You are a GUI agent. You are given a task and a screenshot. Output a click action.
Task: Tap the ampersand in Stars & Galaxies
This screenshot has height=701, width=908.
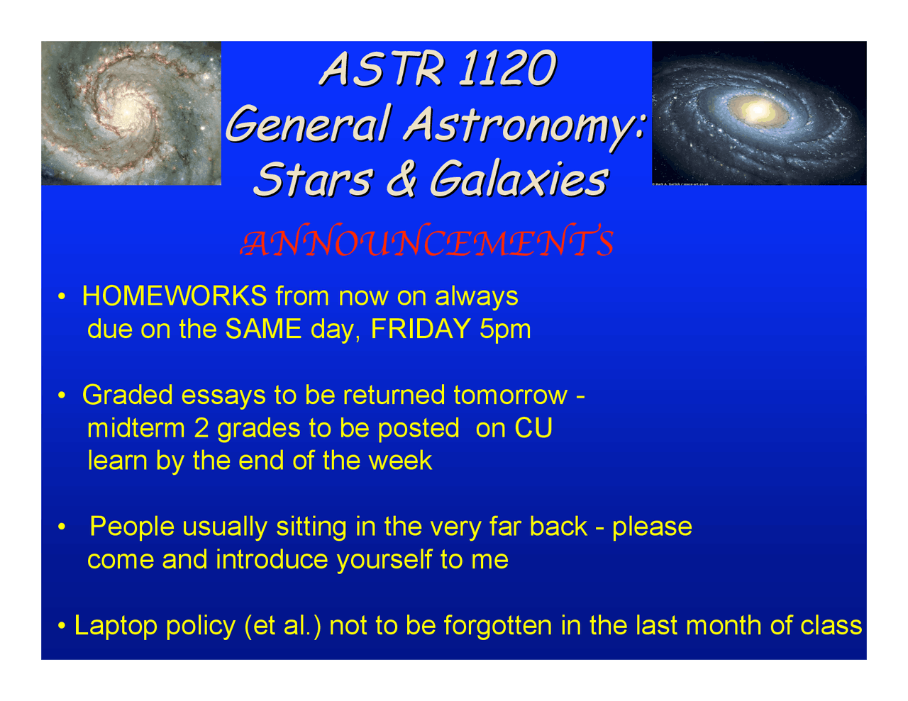pyautogui.click(x=402, y=178)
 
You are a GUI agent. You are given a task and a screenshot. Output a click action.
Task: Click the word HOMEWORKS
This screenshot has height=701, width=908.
pyautogui.click(x=175, y=296)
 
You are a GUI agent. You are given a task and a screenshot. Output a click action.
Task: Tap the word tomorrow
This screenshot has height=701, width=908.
pyautogui.click(x=511, y=396)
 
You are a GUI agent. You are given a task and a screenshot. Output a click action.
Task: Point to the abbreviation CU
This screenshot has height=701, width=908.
pyautogui.click(x=533, y=428)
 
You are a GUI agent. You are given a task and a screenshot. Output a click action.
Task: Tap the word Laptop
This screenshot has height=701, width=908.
pyautogui.click(x=116, y=626)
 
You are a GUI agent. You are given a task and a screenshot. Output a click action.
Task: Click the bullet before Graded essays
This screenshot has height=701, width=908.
pyautogui.click(x=62, y=395)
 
